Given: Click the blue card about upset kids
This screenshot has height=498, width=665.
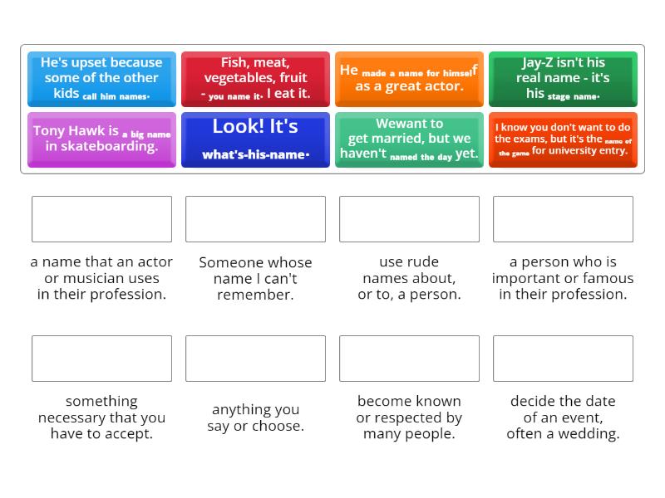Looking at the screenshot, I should [x=101, y=79].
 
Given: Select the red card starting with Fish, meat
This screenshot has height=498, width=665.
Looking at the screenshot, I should [x=255, y=79].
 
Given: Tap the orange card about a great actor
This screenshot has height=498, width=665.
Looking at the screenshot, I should [x=409, y=79].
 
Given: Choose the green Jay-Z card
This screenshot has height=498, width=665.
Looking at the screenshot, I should [x=563, y=79].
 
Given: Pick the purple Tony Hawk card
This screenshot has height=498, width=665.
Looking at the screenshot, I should [x=101, y=139].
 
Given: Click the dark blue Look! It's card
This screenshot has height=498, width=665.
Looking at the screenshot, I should [x=255, y=139].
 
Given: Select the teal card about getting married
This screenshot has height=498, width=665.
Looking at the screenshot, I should [x=409, y=139].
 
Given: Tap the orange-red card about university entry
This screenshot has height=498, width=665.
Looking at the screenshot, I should [x=563, y=139].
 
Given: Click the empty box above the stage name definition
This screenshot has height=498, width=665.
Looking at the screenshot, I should [x=101, y=219].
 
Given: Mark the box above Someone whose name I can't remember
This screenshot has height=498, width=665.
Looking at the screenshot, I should [x=255, y=219].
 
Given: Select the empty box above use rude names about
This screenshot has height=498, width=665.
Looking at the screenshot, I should [x=409, y=219].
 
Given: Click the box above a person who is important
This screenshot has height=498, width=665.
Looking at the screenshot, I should [x=563, y=219].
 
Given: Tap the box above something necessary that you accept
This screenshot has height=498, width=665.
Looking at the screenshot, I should [x=101, y=359].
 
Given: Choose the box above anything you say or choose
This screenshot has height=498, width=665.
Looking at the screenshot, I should [x=255, y=359].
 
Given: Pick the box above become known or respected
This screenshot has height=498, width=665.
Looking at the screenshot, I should [x=409, y=359].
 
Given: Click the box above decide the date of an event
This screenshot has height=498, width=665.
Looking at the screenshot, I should [x=563, y=359].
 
